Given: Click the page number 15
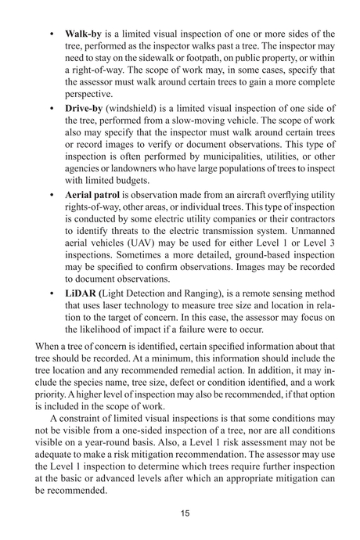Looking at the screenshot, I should point(179,513).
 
